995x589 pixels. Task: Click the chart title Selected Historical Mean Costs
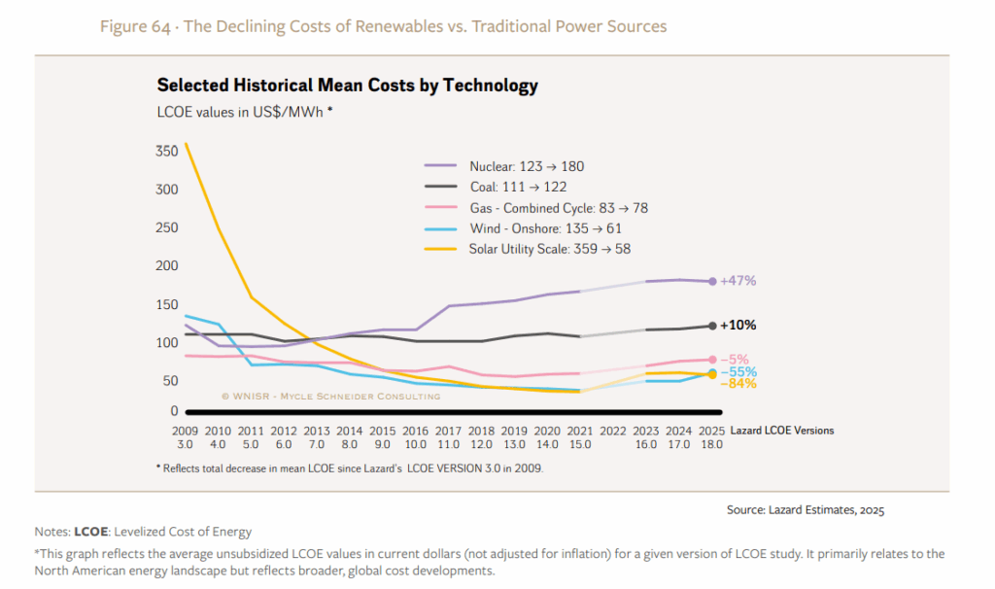pos(347,86)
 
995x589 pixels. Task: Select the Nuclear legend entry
pos(526,167)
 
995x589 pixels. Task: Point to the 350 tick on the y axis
pos(166,152)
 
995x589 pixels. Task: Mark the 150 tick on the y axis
pos(166,304)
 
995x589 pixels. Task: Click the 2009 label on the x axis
pos(185,431)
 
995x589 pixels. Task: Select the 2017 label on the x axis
pos(449,431)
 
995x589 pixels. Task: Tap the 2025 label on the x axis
pos(712,431)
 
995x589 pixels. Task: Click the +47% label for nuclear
pos(738,281)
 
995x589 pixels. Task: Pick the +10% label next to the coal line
pos(738,326)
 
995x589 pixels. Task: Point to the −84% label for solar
pos(738,384)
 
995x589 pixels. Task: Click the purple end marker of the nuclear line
pos(712,282)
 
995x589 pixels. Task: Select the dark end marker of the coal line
pos(712,326)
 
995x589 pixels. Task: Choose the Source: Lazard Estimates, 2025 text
pos(805,509)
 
